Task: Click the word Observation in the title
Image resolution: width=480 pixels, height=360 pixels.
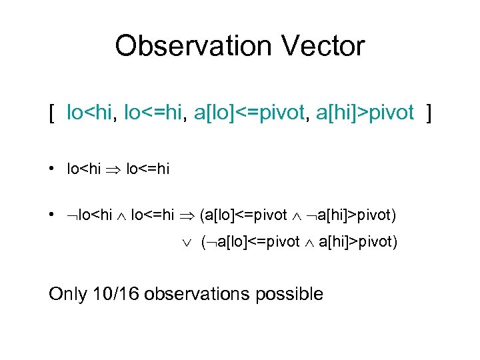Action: [x=193, y=47]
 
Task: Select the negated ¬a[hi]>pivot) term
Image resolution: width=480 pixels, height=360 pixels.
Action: [x=351, y=215]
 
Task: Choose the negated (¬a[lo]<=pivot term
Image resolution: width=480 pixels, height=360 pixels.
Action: [x=250, y=243]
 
